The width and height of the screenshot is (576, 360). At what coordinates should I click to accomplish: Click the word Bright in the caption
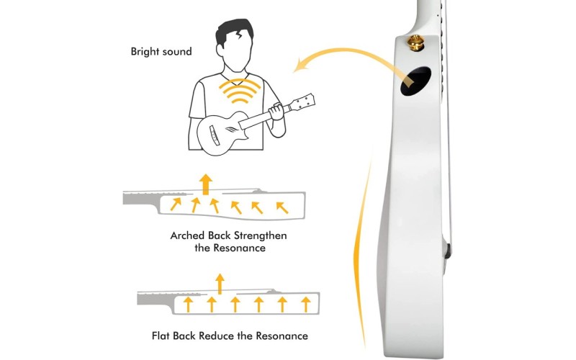pyautogui.click(x=146, y=51)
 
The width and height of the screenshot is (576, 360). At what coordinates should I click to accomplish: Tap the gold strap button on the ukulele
pyautogui.click(x=415, y=42)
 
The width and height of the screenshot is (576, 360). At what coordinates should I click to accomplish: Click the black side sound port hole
pyautogui.click(x=415, y=81)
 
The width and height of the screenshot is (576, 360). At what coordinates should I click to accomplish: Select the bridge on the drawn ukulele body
pyautogui.click(x=214, y=134)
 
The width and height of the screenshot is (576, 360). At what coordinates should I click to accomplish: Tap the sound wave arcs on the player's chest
pyautogui.click(x=240, y=91)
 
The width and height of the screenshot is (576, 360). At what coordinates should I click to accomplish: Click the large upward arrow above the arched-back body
pyautogui.click(x=206, y=184)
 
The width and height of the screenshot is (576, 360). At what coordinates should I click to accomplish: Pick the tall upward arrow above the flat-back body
pyautogui.click(x=220, y=284)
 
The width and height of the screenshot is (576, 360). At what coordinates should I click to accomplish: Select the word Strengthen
pyautogui.click(x=261, y=235)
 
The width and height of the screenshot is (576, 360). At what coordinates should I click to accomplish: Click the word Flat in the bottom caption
pyautogui.click(x=161, y=336)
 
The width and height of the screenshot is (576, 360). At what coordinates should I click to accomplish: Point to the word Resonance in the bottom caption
pyautogui.click(x=282, y=336)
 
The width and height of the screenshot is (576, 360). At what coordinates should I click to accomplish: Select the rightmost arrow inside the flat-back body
pyautogui.click(x=305, y=305)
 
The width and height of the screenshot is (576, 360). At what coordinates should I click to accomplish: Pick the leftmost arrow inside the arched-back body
pyautogui.click(x=176, y=204)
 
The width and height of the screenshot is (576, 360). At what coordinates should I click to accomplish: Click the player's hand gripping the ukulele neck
pyautogui.click(x=276, y=112)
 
